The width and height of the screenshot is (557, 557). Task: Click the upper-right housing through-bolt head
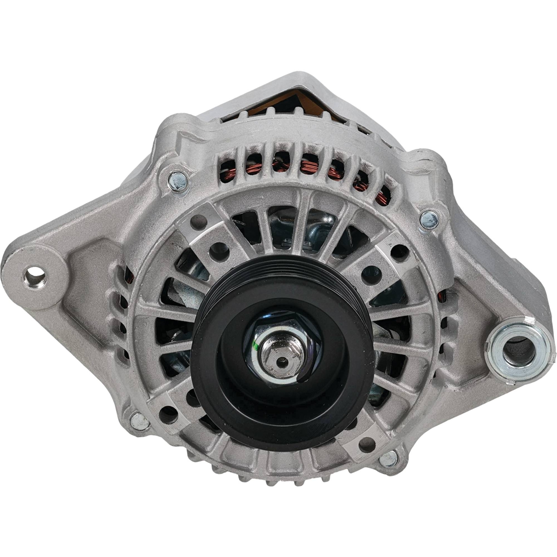click(429, 220)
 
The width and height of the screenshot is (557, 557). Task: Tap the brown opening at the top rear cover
click(306, 101)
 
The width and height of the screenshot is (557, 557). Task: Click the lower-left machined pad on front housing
click(171, 411)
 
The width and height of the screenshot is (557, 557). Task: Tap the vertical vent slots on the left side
click(122, 313)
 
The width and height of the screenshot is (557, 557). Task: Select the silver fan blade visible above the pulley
click(313, 226)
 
